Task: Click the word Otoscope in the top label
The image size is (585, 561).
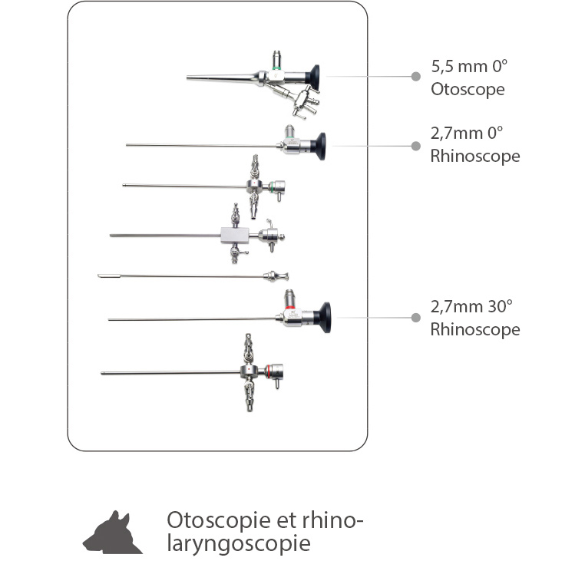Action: pyautogui.click(x=468, y=90)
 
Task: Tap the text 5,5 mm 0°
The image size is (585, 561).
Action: pyautogui.click(x=469, y=67)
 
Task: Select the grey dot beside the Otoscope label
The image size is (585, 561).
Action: pyautogui.click(x=415, y=77)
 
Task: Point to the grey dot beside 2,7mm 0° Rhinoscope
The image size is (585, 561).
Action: pyautogui.click(x=415, y=146)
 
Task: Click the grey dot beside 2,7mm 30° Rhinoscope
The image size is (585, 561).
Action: pyautogui.click(x=415, y=318)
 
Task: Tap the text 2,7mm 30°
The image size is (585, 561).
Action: pyautogui.click(x=471, y=307)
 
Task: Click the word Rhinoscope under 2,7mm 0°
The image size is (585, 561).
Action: pyautogui.click(x=475, y=156)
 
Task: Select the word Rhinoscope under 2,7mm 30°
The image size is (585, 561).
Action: pyautogui.click(x=475, y=329)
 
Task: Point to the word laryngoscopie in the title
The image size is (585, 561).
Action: pyautogui.click(x=239, y=544)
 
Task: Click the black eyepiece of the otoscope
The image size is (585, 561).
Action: pyautogui.click(x=313, y=78)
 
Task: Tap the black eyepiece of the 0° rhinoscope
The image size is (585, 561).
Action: pyautogui.click(x=319, y=147)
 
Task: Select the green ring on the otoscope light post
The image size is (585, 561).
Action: pyautogui.click(x=277, y=68)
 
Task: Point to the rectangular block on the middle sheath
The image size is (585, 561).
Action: pyautogui.click(x=235, y=236)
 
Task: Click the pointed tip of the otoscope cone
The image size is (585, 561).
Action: pyautogui.click(x=187, y=78)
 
